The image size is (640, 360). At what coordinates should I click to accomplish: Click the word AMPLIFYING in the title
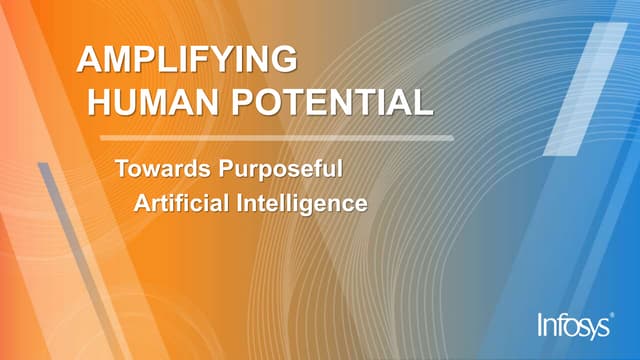click(187, 60)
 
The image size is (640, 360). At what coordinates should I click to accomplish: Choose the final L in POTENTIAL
click(424, 101)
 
